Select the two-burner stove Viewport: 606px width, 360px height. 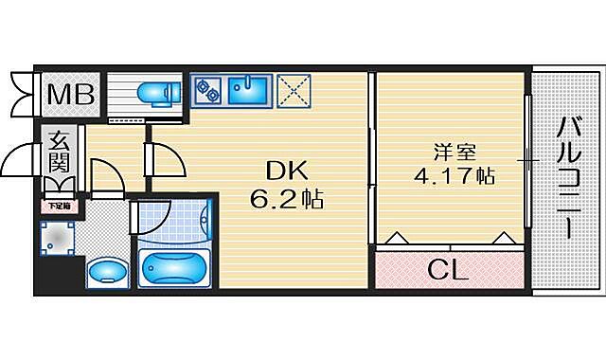206,90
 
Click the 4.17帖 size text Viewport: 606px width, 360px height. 454,177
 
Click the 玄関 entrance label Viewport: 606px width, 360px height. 60,153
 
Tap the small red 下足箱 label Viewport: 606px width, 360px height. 59,204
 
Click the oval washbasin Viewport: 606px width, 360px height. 104,271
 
